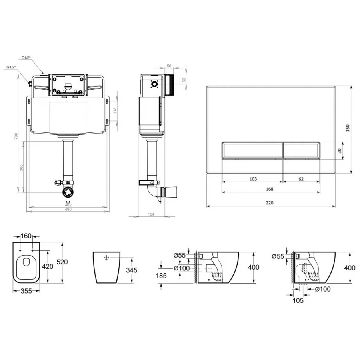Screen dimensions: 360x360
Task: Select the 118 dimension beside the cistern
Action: [115, 110]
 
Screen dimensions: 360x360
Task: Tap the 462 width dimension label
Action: [68, 205]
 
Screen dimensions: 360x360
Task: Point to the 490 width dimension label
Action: [68, 209]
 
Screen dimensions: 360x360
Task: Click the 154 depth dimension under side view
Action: [151, 214]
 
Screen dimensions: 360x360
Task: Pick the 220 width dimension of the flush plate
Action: [270, 203]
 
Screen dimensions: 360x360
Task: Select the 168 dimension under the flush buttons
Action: [270, 189]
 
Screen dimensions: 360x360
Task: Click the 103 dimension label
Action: [253, 179]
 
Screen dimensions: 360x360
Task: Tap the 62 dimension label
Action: [301, 179]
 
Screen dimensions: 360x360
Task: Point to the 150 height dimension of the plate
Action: [348, 128]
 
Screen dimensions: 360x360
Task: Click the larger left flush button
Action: [252, 150]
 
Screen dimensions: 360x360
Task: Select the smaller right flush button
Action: [302, 150]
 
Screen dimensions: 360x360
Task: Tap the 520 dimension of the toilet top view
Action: [62, 262]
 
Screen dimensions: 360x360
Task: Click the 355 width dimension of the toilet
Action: [26, 291]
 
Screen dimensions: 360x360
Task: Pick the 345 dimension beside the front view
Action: [132, 270]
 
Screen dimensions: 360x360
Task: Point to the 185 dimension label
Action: [161, 276]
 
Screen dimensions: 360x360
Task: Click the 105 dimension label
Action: [298, 300]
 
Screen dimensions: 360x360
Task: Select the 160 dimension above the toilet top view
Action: [26, 236]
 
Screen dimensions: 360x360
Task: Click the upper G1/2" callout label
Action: [26, 58]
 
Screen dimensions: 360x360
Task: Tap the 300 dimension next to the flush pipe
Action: [21, 167]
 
